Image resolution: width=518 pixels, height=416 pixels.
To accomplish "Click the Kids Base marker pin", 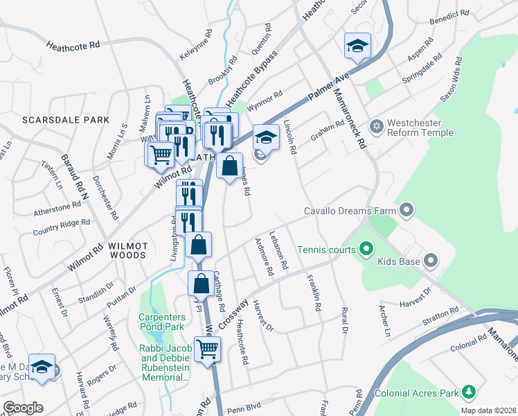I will click(x=431, y=261).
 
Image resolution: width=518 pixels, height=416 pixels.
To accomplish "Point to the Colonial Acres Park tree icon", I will click(x=469, y=393).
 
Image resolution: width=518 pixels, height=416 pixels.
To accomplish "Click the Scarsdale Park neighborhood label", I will click(x=66, y=120).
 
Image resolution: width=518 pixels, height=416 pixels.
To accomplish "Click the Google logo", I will click(x=22, y=408).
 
